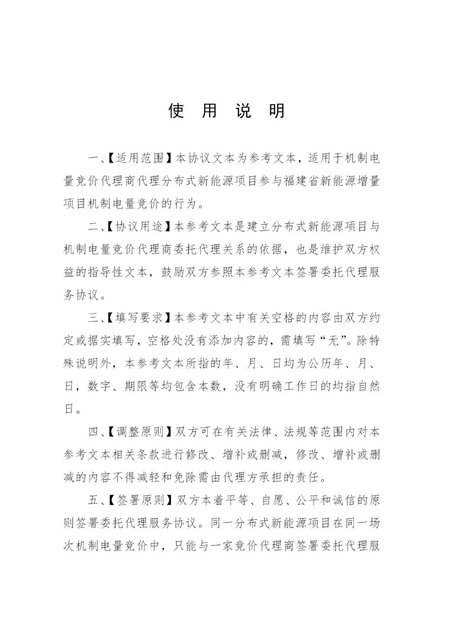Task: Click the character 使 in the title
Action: click(x=176, y=111)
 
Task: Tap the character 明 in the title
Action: click(x=277, y=111)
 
